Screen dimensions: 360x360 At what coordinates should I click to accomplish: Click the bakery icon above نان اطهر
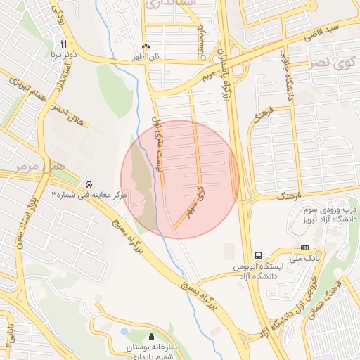[x=146, y=46]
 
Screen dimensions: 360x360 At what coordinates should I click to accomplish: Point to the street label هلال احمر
[x=67, y=116]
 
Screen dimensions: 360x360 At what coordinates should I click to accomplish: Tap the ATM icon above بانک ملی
[x=304, y=247]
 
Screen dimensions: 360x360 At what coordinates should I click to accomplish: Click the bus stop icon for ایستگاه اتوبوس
[x=259, y=255]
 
